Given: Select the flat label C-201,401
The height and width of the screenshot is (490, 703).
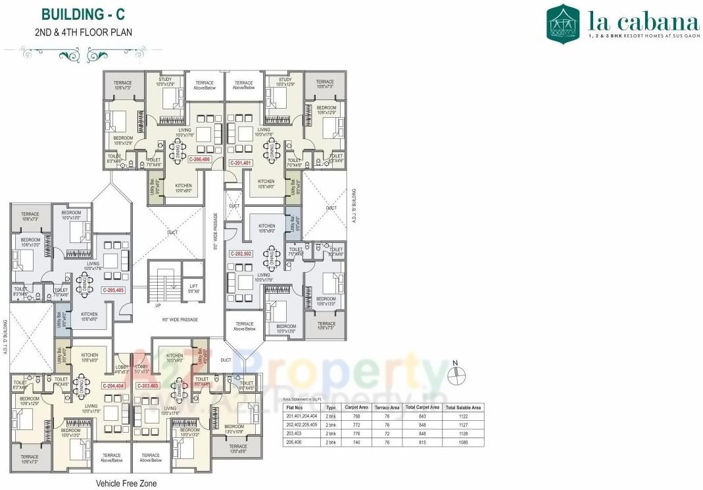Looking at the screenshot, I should tap(241, 162).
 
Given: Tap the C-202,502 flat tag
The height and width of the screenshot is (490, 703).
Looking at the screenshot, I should tap(241, 254).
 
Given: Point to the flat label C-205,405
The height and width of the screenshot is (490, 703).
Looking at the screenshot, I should tap(113, 290).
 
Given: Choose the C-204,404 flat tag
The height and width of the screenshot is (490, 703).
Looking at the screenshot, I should tap(113, 385).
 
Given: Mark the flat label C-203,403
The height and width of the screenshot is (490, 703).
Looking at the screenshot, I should tap(147, 385).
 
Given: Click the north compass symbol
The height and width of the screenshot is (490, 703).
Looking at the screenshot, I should tap(454, 373).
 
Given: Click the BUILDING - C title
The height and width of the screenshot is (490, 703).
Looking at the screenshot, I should tap(83, 14).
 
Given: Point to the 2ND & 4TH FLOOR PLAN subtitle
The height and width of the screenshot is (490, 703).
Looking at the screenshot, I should tap(83, 32).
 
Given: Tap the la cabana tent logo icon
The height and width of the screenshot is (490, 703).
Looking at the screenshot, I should tap(563, 24).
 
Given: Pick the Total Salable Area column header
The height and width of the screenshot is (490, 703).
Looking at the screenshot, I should tap(464, 408).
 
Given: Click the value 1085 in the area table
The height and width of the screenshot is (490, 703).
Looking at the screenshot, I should tap(464, 443).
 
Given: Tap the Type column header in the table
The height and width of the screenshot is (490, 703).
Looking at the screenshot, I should tap(331, 408).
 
